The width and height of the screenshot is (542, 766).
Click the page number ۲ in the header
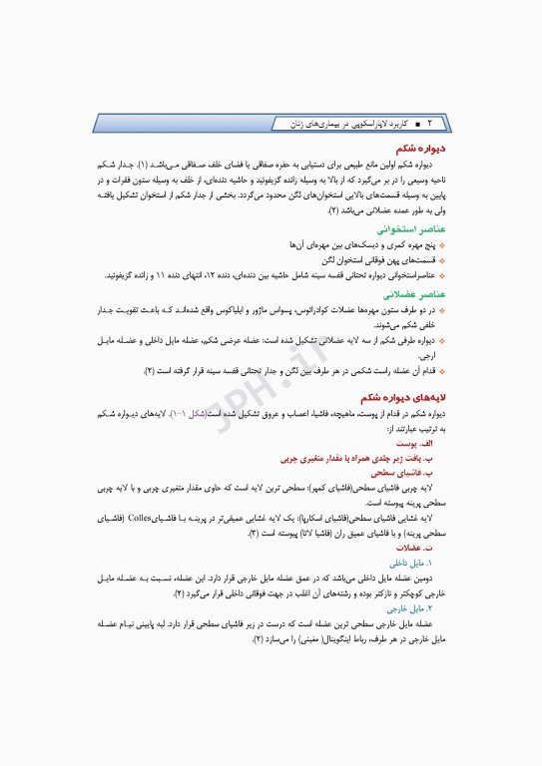click(429, 123)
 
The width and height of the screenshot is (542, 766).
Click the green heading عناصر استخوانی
click(411, 227)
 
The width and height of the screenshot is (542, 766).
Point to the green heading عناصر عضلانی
click(413, 295)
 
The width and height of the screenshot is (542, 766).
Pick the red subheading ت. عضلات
click(414, 548)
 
